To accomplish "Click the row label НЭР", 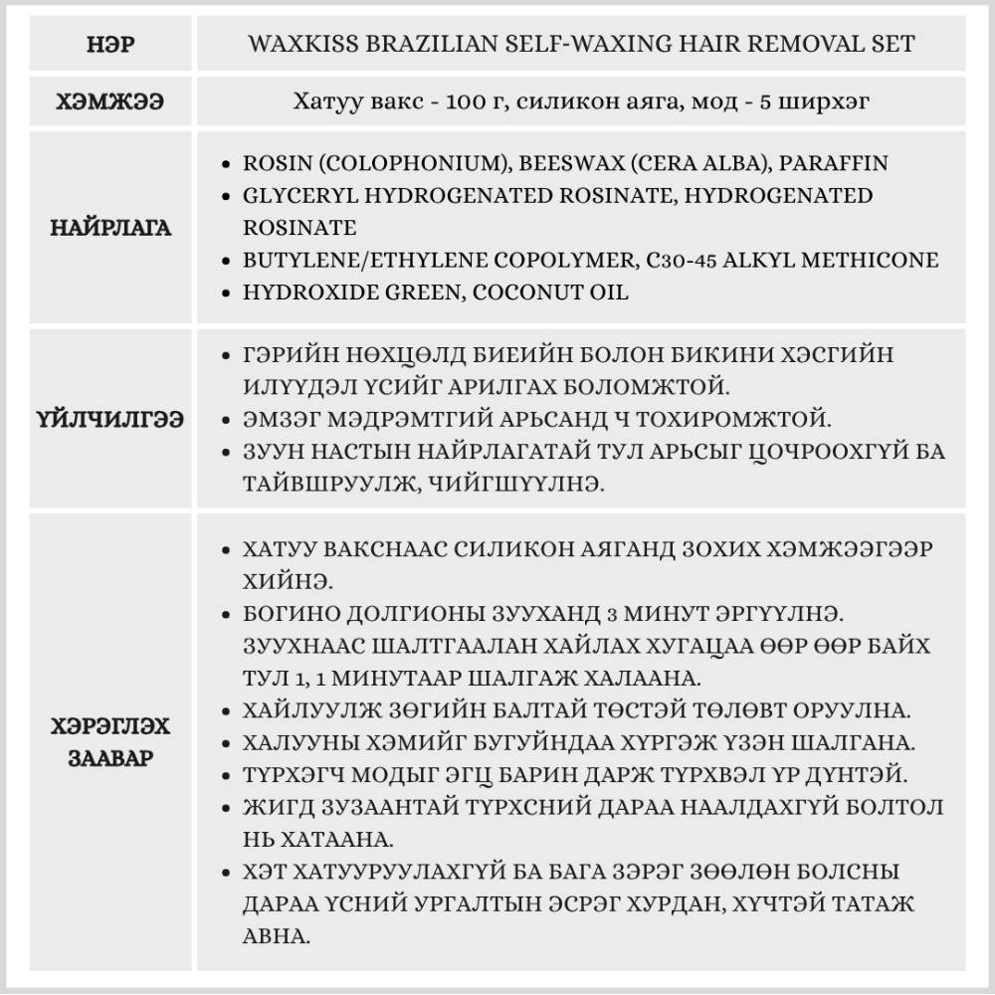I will pos(109,45).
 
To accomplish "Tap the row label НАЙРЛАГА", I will pos(109,228).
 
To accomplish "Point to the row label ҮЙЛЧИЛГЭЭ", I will pos(109,419).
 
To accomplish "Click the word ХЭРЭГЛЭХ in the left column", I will pos(109,726).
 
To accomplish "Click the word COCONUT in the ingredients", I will pos(526,293).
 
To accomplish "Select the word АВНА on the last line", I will pos(277,936).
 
